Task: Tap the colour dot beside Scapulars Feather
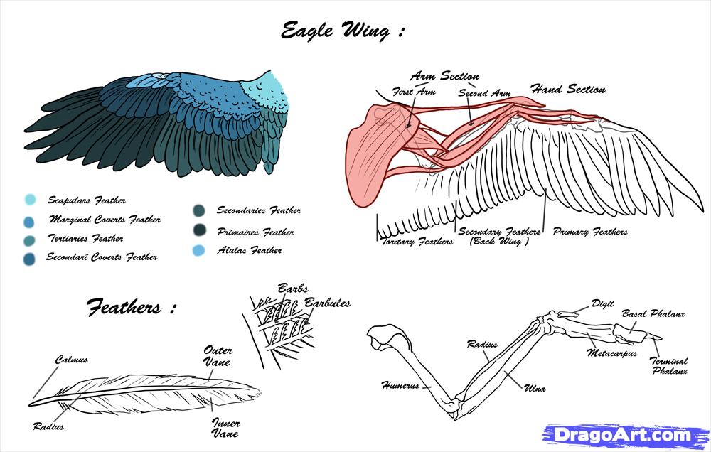click(x=29, y=200)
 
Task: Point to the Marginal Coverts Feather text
click(x=105, y=220)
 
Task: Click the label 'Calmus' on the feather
click(x=72, y=360)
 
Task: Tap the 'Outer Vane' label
click(x=218, y=355)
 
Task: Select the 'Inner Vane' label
click(x=225, y=428)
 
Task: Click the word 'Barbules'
click(x=328, y=303)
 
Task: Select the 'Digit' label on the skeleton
click(x=602, y=303)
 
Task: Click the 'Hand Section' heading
click(x=568, y=90)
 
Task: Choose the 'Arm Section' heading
click(x=444, y=76)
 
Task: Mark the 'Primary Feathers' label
click(x=590, y=232)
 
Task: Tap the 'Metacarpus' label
click(x=611, y=352)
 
